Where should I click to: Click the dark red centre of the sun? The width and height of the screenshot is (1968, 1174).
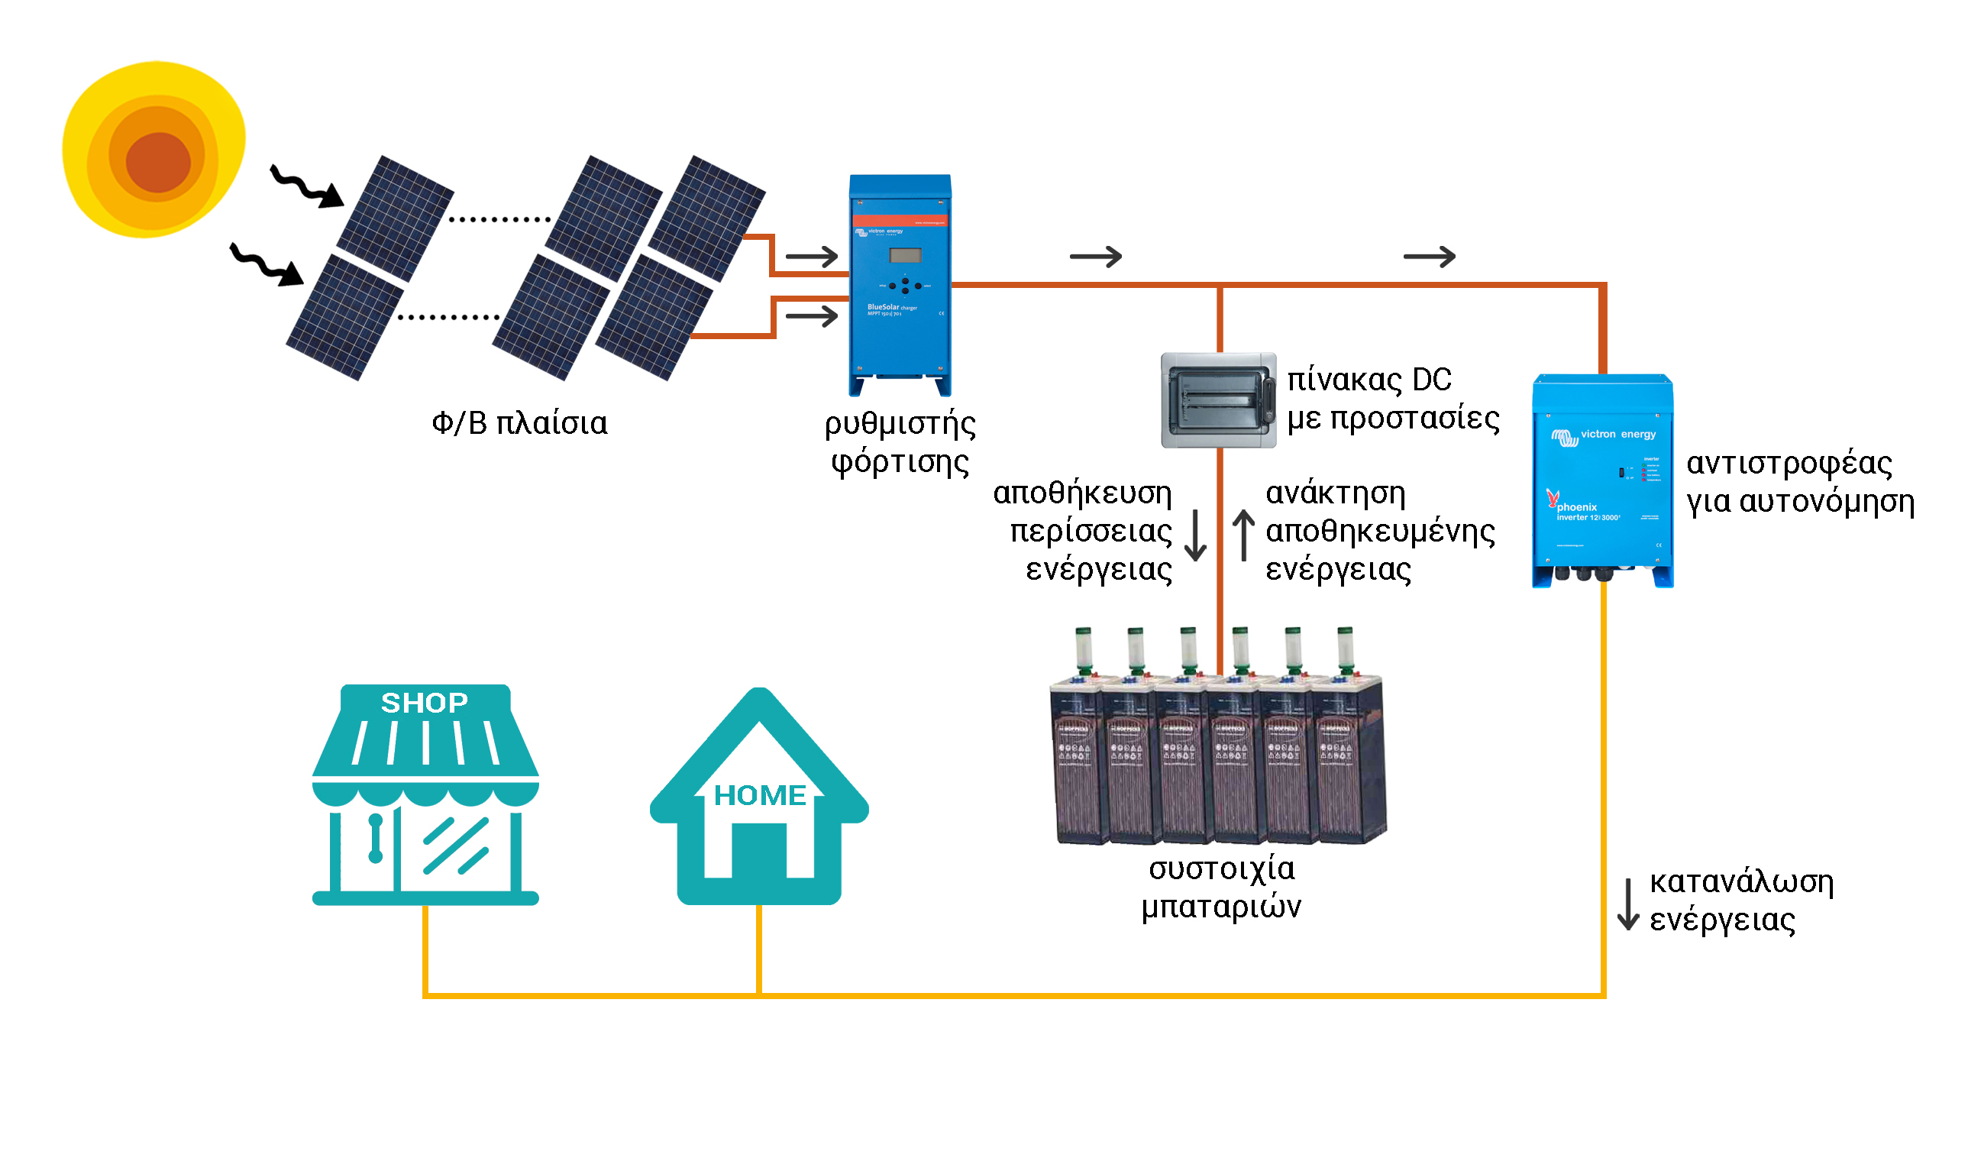[158, 162]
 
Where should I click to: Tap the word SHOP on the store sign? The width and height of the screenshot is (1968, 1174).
[425, 703]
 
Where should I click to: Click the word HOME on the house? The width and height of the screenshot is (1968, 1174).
[760, 796]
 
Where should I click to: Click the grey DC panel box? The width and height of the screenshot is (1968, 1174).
[1219, 401]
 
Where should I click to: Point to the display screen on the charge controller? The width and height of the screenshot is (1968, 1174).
[906, 256]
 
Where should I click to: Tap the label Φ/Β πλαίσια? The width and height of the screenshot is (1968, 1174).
[520, 424]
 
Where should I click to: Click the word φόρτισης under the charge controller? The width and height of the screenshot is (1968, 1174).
[900, 463]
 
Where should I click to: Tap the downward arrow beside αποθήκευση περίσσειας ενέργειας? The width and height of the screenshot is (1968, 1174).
[1196, 535]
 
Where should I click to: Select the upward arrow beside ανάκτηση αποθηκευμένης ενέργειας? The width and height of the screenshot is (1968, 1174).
[1244, 535]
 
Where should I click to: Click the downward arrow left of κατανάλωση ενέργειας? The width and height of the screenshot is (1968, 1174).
[1629, 904]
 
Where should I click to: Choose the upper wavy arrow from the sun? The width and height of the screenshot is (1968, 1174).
[307, 187]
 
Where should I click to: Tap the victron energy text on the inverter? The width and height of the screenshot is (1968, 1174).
[1617, 435]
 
